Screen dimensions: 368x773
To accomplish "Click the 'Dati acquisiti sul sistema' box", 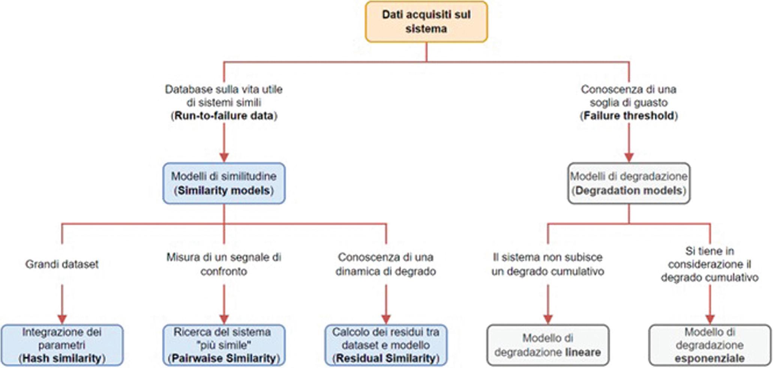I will (426, 22).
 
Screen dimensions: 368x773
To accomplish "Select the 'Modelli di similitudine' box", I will (224, 183).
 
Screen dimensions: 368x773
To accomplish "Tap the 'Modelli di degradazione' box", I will (629, 183).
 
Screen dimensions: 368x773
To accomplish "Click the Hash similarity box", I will (62, 345).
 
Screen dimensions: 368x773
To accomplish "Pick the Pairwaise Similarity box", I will (224, 345).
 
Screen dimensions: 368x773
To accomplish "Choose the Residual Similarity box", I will (386, 345).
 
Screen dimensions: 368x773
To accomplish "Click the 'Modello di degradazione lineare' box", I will (548, 345).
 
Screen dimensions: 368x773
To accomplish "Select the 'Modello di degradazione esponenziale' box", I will (710, 345).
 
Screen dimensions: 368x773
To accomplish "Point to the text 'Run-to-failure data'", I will (224, 116).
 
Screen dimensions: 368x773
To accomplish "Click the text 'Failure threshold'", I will (629, 116).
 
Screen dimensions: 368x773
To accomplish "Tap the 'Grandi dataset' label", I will (62, 264).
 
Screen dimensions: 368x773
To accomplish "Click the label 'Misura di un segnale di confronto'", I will (224, 264).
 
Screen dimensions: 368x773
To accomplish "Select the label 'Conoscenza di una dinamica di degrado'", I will (386, 264).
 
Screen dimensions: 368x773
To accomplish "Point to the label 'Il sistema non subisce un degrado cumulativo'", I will (548, 264).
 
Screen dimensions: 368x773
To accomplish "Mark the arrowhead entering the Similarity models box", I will (224, 157).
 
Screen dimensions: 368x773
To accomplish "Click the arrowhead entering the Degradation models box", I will (629, 157).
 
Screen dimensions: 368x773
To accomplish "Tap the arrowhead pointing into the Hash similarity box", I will (62, 319).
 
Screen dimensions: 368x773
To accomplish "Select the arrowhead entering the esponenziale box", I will (710, 319).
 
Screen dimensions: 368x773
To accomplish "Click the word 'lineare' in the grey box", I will (582, 352).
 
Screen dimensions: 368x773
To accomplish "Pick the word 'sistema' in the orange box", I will (426, 29).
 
